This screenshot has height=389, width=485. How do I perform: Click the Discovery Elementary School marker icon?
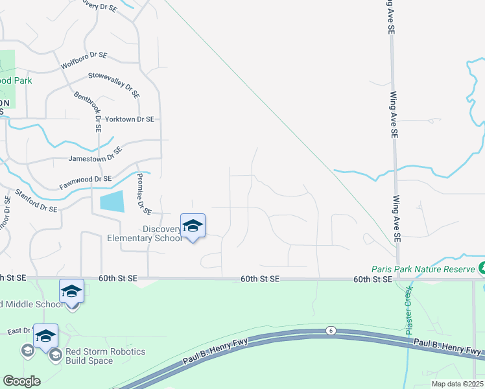pos(193,226)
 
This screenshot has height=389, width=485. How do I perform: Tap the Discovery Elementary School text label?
pos(145,233)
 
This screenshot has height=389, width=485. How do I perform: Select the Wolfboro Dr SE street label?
pos(84,60)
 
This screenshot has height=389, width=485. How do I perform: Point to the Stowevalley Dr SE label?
pos(114,85)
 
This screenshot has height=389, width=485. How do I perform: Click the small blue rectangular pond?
pos(112,202)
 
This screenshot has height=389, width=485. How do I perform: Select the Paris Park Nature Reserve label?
pos(422,268)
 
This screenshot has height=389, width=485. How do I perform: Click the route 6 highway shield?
pos(330,330)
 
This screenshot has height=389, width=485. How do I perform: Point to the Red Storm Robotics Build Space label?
pos(106,356)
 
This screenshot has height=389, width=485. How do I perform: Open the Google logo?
pos(21,381)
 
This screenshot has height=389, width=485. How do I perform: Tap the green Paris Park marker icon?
pos(481,268)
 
